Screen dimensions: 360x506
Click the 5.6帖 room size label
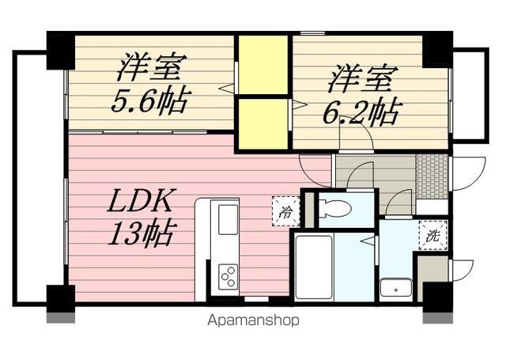coord(151,100)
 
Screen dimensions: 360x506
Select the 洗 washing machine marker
coord(432,236)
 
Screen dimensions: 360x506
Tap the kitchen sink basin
coord(228,218)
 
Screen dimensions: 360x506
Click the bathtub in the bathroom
coord(314,267)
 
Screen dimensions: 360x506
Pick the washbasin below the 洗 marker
coord(392,287)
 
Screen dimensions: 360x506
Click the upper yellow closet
coord(263,65)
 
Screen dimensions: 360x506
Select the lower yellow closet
coord(263,123)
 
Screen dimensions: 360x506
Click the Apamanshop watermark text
coord(253,321)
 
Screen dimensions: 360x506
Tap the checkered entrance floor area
coord(432,175)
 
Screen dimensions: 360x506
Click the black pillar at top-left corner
coord(60,50)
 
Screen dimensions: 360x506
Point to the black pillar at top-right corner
coord(437,50)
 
